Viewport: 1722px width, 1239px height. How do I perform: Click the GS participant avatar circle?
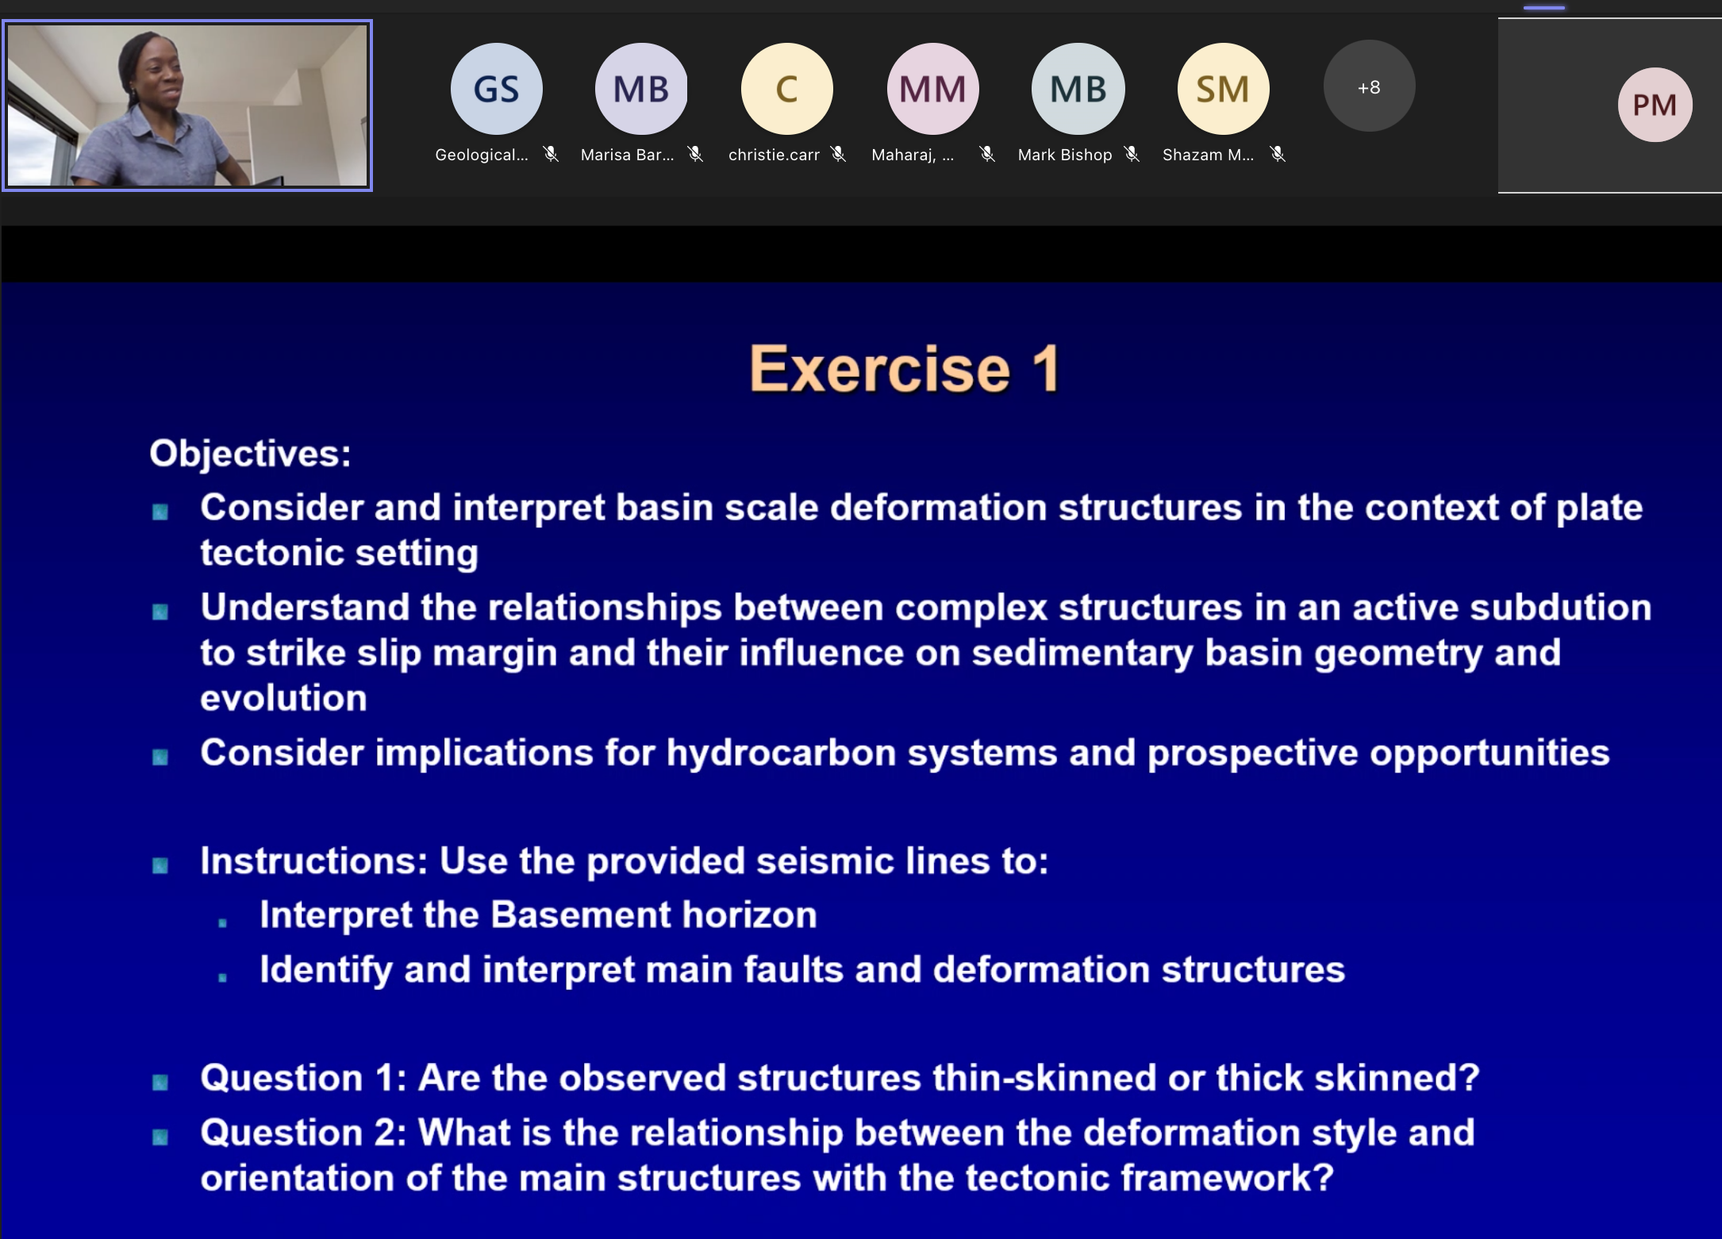497,89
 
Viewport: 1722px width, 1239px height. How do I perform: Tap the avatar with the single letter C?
787,89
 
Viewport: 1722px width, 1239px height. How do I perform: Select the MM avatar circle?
933,89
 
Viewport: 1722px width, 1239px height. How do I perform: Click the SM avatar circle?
1223,89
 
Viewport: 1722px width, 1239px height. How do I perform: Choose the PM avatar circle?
1655,105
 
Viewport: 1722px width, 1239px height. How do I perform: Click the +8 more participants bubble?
1369,86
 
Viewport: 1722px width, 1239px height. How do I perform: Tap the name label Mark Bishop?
1065,155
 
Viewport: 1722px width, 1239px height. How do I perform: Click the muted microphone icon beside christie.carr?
839,154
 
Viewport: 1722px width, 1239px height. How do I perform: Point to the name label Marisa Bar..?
627,155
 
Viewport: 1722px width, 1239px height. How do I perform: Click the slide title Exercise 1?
905,369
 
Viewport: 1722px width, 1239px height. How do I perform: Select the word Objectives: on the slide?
250,454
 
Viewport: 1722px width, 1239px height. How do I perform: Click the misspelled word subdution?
1561,608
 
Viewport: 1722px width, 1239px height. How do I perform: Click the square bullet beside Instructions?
160,865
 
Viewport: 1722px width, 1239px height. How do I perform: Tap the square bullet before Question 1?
160,1082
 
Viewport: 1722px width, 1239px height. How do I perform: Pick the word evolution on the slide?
283,699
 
